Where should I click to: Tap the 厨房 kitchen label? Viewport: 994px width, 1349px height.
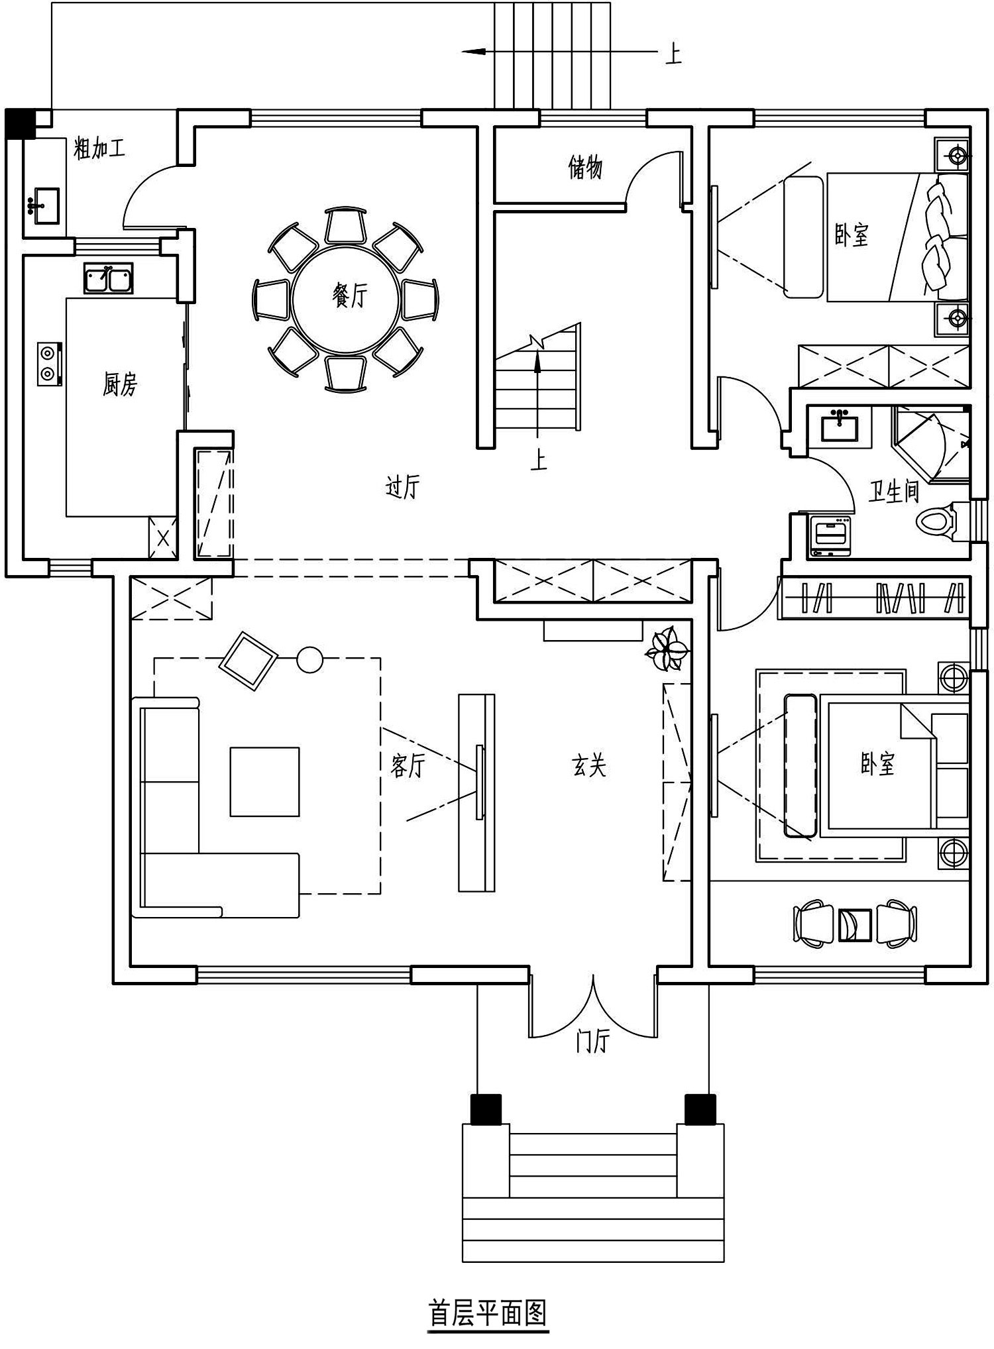click(x=120, y=384)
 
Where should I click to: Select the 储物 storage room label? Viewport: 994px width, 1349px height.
click(x=585, y=167)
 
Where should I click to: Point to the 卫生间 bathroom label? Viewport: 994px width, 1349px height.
click(x=894, y=492)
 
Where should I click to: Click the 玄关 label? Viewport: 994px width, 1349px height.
click(x=589, y=766)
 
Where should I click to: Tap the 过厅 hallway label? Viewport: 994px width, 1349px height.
click(x=403, y=488)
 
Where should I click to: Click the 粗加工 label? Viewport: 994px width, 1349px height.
click(x=99, y=148)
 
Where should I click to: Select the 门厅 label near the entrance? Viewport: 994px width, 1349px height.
click(x=591, y=1042)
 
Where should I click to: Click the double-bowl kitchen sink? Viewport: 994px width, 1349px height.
click(x=108, y=278)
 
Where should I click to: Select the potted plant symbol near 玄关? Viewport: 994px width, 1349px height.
click(x=667, y=649)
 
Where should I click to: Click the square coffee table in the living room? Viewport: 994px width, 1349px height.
click(x=264, y=781)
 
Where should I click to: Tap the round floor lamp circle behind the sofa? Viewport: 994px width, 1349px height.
click(x=309, y=659)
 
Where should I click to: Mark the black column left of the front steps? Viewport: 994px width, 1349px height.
click(x=486, y=1108)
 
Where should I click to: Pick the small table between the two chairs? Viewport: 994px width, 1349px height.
click(x=856, y=924)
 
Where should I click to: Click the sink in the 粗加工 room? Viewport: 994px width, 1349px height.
click(x=44, y=203)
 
